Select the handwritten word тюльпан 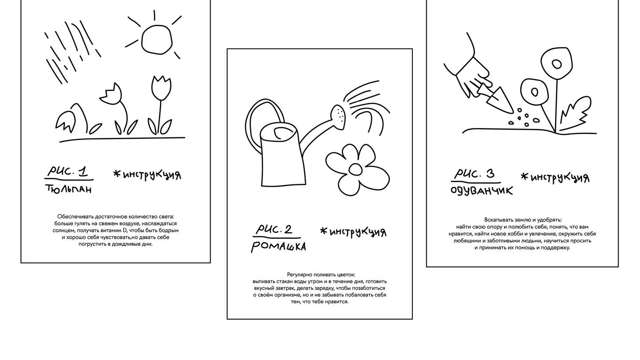(x=68, y=189)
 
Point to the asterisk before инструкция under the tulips (x=116, y=173)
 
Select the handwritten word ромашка (x=279, y=247)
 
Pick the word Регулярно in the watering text (x=300, y=275)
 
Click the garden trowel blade (x=500, y=101)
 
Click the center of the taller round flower (x=556, y=64)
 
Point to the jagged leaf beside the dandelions (x=575, y=113)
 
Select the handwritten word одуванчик (x=482, y=191)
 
